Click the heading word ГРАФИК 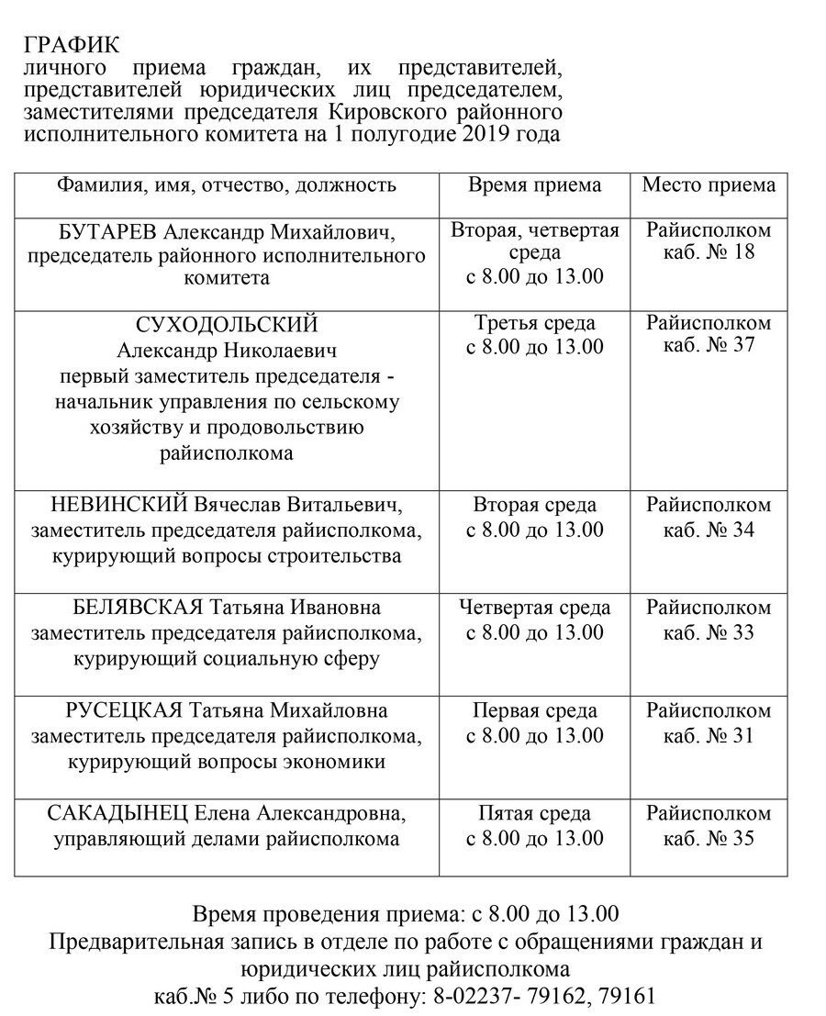pos(72,46)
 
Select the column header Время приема pos(535,184)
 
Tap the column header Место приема pos(708,184)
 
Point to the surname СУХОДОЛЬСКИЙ pos(227,325)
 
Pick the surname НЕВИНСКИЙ pos(109,506)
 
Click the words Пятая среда pos(535,814)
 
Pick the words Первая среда pos(535,711)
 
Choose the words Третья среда pos(535,323)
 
